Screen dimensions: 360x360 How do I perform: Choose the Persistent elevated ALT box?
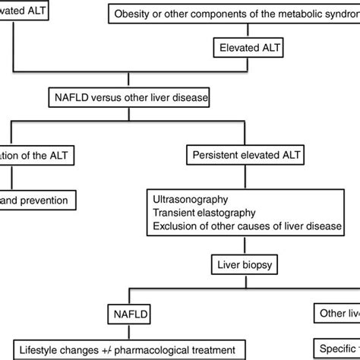pyautogui.click(x=243, y=155)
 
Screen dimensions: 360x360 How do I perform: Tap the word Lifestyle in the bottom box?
pyautogui.click(x=40, y=349)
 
